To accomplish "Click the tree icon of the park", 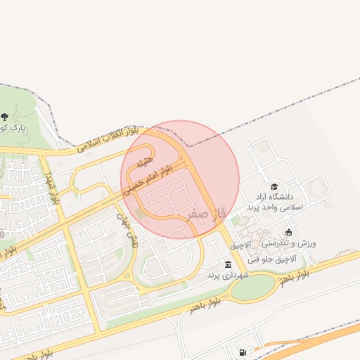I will [5, 117].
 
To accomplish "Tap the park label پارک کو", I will [12, 129].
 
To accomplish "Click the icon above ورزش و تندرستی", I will [288, 232].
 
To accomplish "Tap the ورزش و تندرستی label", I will [290, 243].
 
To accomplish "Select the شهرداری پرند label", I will [224, 276].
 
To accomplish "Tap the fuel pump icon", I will [243, 352].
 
